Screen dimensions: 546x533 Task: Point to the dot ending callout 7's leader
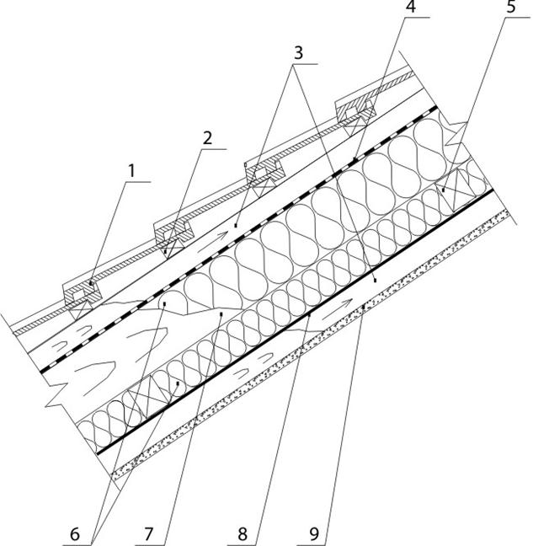point(221,313)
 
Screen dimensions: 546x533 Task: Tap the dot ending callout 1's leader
point(90,284)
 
